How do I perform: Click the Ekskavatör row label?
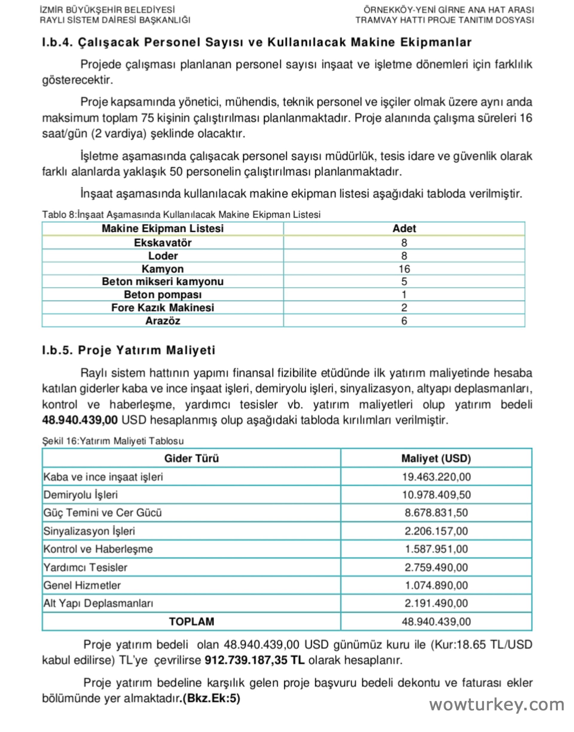point(163,243)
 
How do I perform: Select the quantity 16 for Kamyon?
point(404,269)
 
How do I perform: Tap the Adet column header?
point(404,228)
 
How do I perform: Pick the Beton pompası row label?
point(163,295)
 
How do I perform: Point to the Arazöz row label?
point(163,321)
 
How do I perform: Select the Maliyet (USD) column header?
point(436,458)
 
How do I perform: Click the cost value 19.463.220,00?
point(436,477)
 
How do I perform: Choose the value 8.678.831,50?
point(436,513)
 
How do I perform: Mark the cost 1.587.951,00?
point(436,549)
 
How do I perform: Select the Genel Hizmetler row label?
point(82,585)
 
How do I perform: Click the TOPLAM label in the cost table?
point(192,622)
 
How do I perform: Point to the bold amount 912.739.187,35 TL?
point(254,661)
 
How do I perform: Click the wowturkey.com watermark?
point(497,704)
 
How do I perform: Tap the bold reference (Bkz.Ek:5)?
point(211,699)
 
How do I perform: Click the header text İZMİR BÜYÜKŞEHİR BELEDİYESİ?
point(107,10)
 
